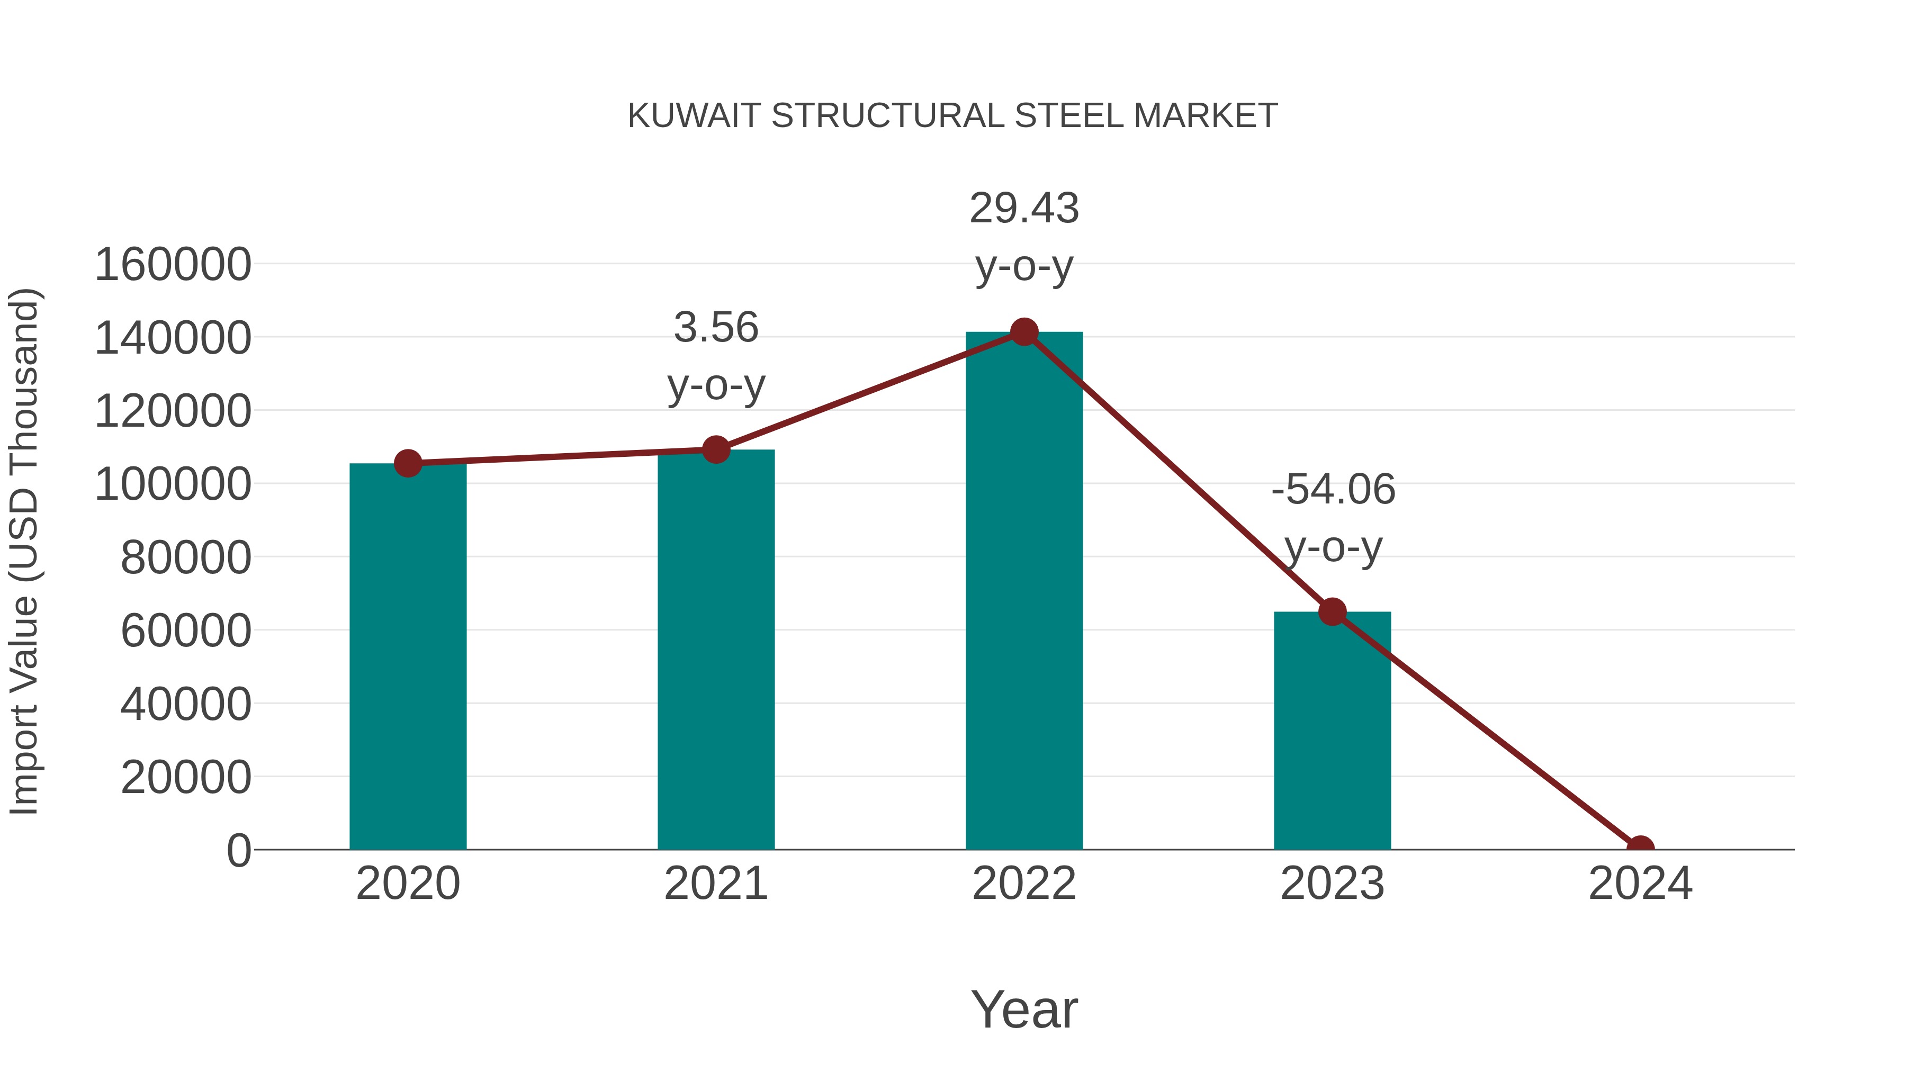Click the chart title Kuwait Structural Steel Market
(952, 116)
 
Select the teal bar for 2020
(408, 659)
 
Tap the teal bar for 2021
(715, 651)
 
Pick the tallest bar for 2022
(1024, 592)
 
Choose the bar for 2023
(1332, 733)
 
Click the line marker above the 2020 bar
(408, 464)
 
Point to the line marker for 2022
(1024, 332)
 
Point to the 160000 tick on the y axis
(173, 265)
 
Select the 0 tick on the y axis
(238, 851)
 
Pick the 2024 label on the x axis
(1640, 884)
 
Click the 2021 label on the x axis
(715, 884)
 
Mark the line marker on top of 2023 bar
(1332, 612)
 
